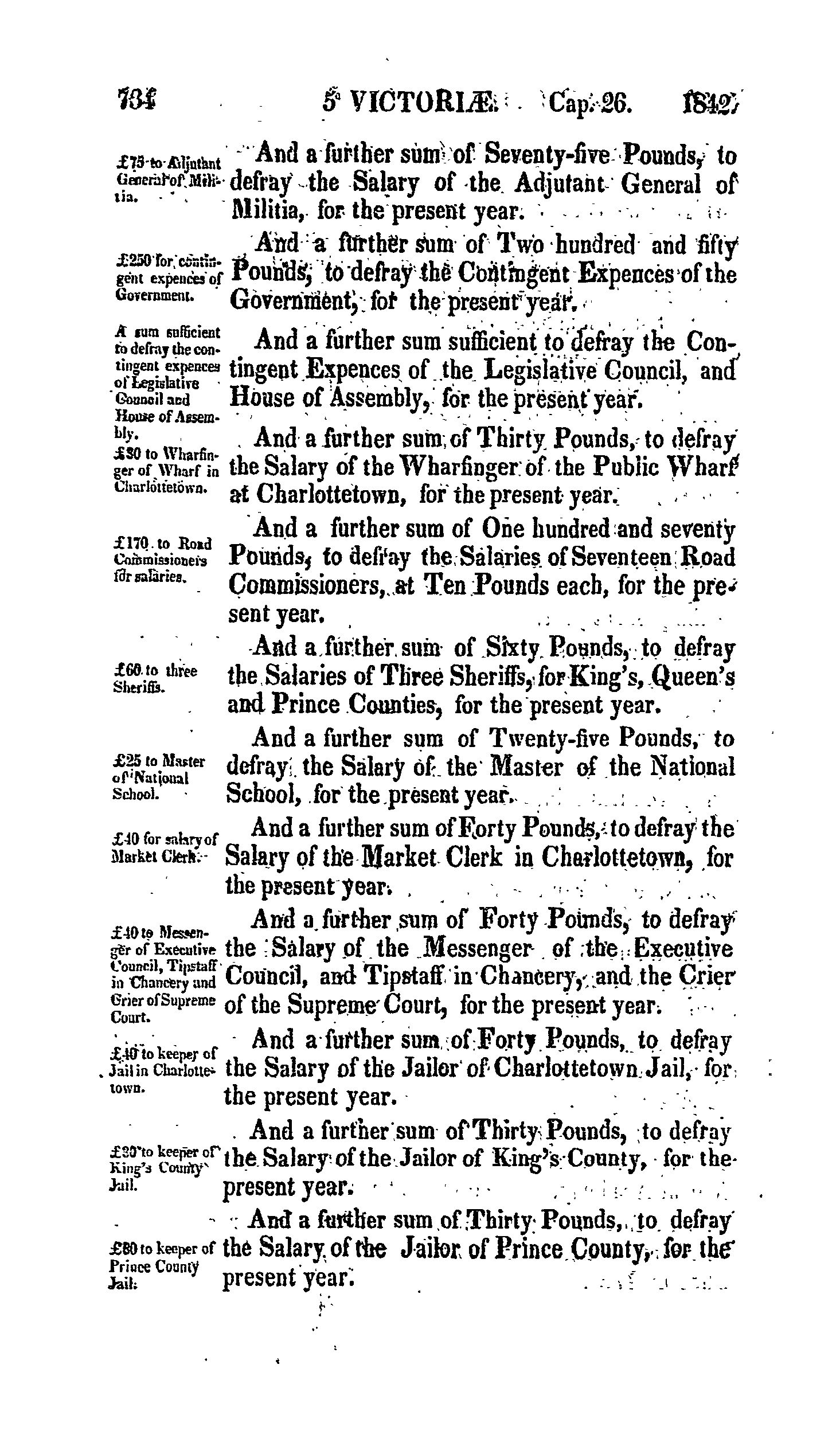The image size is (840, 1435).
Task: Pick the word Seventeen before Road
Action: click(x=617, y=557)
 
